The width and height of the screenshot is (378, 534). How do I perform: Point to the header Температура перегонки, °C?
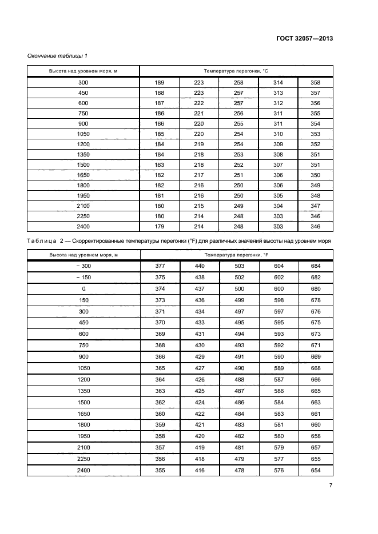point(236,70)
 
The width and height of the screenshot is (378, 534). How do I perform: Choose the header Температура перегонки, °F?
point(236,255)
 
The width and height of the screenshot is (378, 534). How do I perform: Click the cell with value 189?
point(160,83)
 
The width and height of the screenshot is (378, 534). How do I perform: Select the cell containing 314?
point(278,83)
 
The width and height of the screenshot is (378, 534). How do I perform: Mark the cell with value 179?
point(160,227)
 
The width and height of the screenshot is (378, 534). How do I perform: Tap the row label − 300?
point(83,266)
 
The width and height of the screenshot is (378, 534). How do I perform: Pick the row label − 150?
point(83,278)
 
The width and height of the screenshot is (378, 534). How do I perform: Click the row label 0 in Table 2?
point(83,289)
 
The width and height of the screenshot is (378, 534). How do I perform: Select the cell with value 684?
point(316,266)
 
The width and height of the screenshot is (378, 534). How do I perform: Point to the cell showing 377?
point(160,266)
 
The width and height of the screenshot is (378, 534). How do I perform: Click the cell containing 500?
point(238,289)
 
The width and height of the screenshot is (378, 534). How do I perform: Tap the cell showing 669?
point(316,357)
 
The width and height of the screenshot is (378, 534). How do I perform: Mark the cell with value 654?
point(316,471)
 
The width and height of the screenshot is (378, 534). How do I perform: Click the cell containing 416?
point(199,471)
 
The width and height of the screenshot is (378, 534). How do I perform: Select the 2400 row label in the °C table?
point(83,227)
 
